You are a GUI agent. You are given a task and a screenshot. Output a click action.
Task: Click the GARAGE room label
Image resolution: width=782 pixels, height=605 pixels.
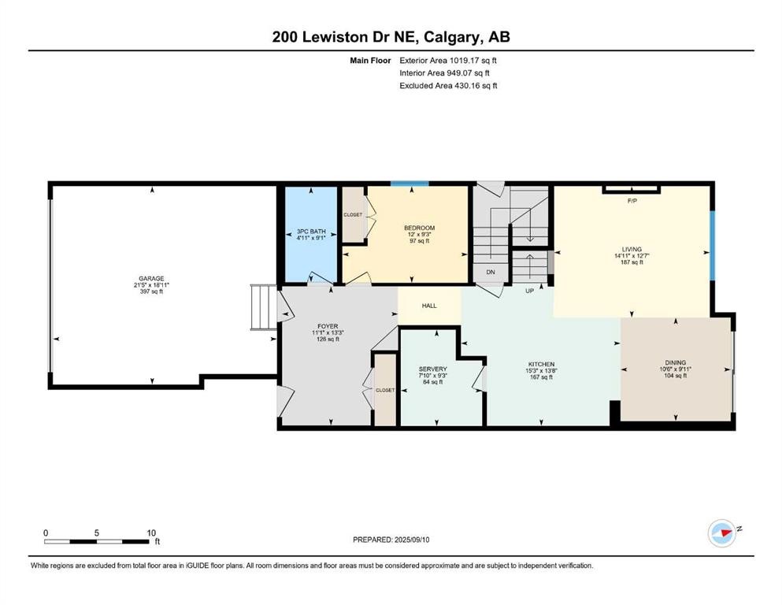coord(151,278)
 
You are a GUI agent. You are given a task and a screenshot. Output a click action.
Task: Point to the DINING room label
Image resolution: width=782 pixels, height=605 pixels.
coord(675,363)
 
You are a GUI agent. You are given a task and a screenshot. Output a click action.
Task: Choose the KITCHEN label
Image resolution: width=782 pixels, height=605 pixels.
coord(540,364)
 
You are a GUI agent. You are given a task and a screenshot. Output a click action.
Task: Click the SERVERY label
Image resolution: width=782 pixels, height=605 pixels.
coord(433,369)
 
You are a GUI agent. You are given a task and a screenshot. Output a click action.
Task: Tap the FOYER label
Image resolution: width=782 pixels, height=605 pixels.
coord(328,326)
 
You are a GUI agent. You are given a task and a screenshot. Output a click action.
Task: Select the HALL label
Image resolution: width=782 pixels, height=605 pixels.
coord(429,306)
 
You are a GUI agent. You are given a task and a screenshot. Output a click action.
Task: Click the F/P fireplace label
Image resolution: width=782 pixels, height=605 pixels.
coord(632,202)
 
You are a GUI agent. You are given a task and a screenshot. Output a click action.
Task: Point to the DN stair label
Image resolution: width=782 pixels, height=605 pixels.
coord(490,273)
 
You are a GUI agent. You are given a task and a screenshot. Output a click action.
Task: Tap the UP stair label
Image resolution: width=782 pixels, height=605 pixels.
coord(531,291)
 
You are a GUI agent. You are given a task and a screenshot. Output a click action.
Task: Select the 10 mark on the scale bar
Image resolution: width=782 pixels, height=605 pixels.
coord(150,532)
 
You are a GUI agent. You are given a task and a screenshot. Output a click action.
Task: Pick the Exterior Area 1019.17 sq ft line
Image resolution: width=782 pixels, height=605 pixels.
coord(448,60)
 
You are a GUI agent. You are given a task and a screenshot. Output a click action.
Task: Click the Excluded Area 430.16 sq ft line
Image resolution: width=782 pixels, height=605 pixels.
coord(448,85)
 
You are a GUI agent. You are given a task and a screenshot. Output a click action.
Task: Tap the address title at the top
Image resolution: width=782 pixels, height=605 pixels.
coord(391,37)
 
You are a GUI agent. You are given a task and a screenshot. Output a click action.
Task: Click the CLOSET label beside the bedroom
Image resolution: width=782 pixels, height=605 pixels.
coord(352,214)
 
